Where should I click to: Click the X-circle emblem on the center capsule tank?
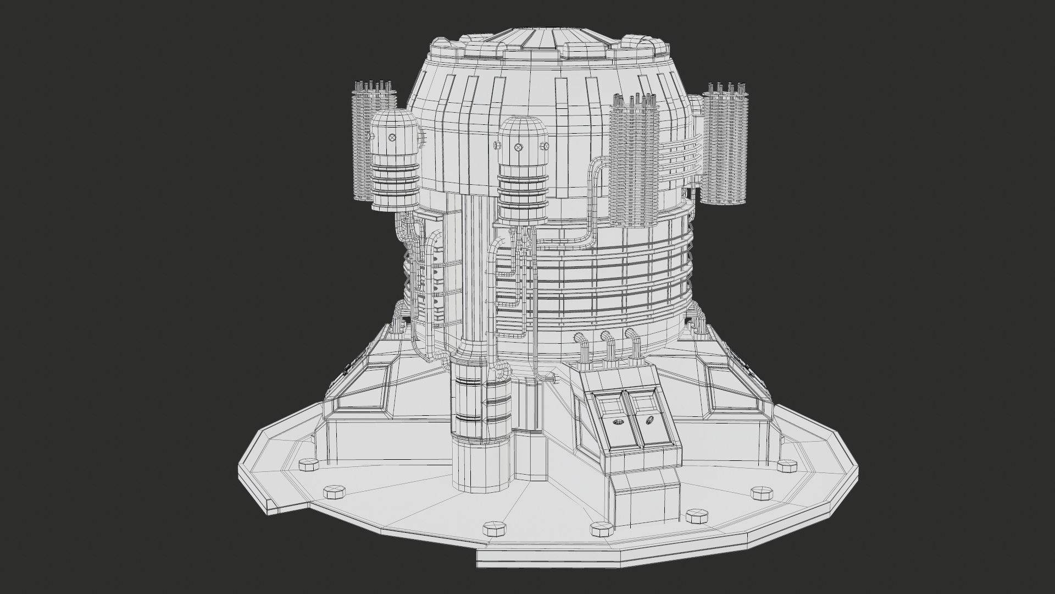point(518,147)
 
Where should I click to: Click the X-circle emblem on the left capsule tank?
point(392,137)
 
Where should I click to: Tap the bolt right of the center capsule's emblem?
point(545,146)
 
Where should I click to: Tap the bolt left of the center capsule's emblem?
point(495,145)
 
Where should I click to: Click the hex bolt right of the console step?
point(697,516)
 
